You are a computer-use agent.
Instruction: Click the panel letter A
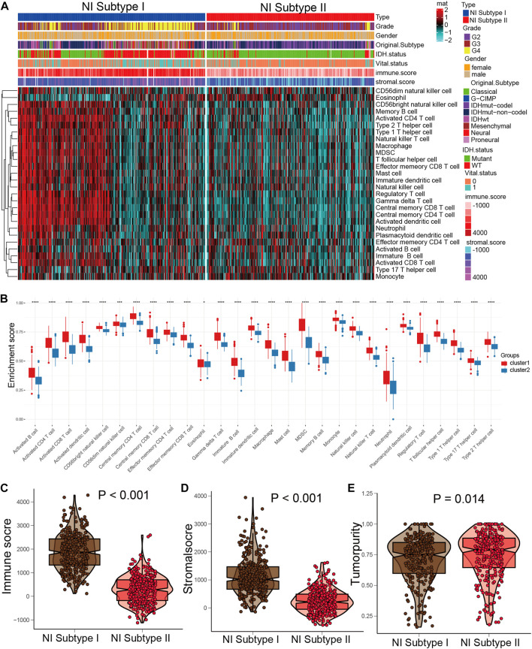pos(5,7)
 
